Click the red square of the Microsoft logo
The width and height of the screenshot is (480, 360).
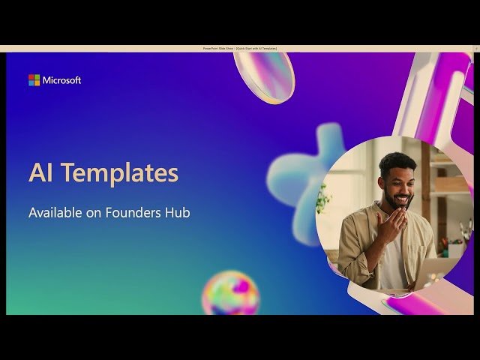pyautogui.click(x=31, y=76)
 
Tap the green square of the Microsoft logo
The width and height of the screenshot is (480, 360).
pyautogui.click(x=37, y=76)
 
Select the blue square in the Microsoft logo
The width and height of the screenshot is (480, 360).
pyautogui.click(x=31, y=82)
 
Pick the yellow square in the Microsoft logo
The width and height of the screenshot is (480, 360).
pyautogui.click(x=37, y=82)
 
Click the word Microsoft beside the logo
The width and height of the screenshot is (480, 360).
pyautogui.click(x=61, y=80)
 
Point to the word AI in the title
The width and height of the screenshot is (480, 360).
pyautogui.click(x=41, y=173)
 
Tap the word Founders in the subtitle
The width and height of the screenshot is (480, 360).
pyautogui.click(x=133, y=213)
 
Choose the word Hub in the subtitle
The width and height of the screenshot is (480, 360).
pyautogui.click(x=178, y=213)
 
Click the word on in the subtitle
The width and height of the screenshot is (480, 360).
pyautogui.click(x=95, y=213)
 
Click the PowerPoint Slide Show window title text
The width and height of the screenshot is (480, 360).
pyautogui.click(x=240, y=48)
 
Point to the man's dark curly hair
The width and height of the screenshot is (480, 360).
pyautogui.click(x=397, y=162)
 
